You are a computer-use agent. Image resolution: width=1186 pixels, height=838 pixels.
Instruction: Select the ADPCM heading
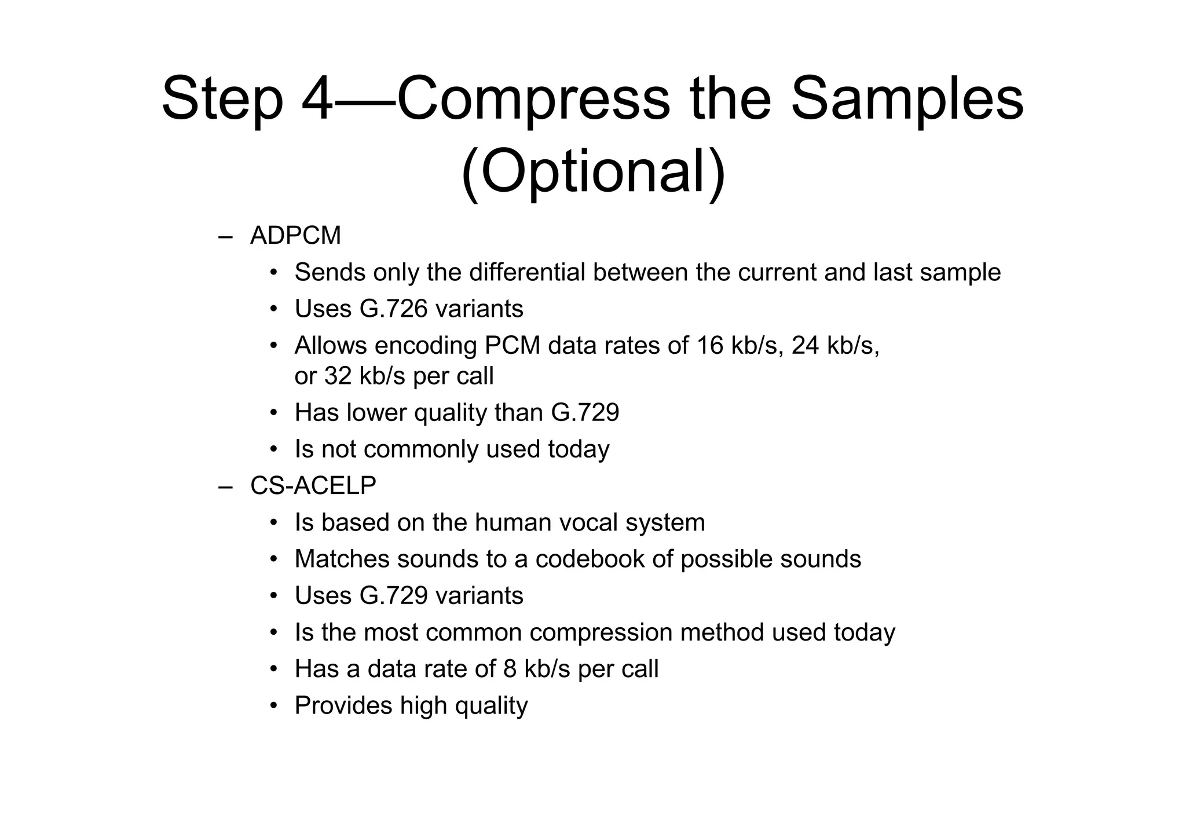click(x=295, y=236)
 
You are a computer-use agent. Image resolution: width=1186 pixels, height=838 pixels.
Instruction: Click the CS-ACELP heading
click(x=313, y=485)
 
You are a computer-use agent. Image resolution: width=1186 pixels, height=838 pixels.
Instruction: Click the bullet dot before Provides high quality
click(x=274, y=706)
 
